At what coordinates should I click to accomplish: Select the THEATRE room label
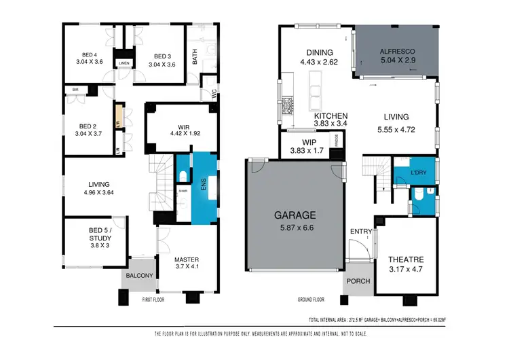click(x=407, y=259)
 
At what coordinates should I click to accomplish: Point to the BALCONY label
click(x=138, y=276)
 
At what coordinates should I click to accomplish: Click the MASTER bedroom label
click(x=186, y=259)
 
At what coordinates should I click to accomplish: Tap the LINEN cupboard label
click(x=124, y=63)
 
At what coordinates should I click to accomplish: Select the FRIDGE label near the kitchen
click(x=335, y=141)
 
